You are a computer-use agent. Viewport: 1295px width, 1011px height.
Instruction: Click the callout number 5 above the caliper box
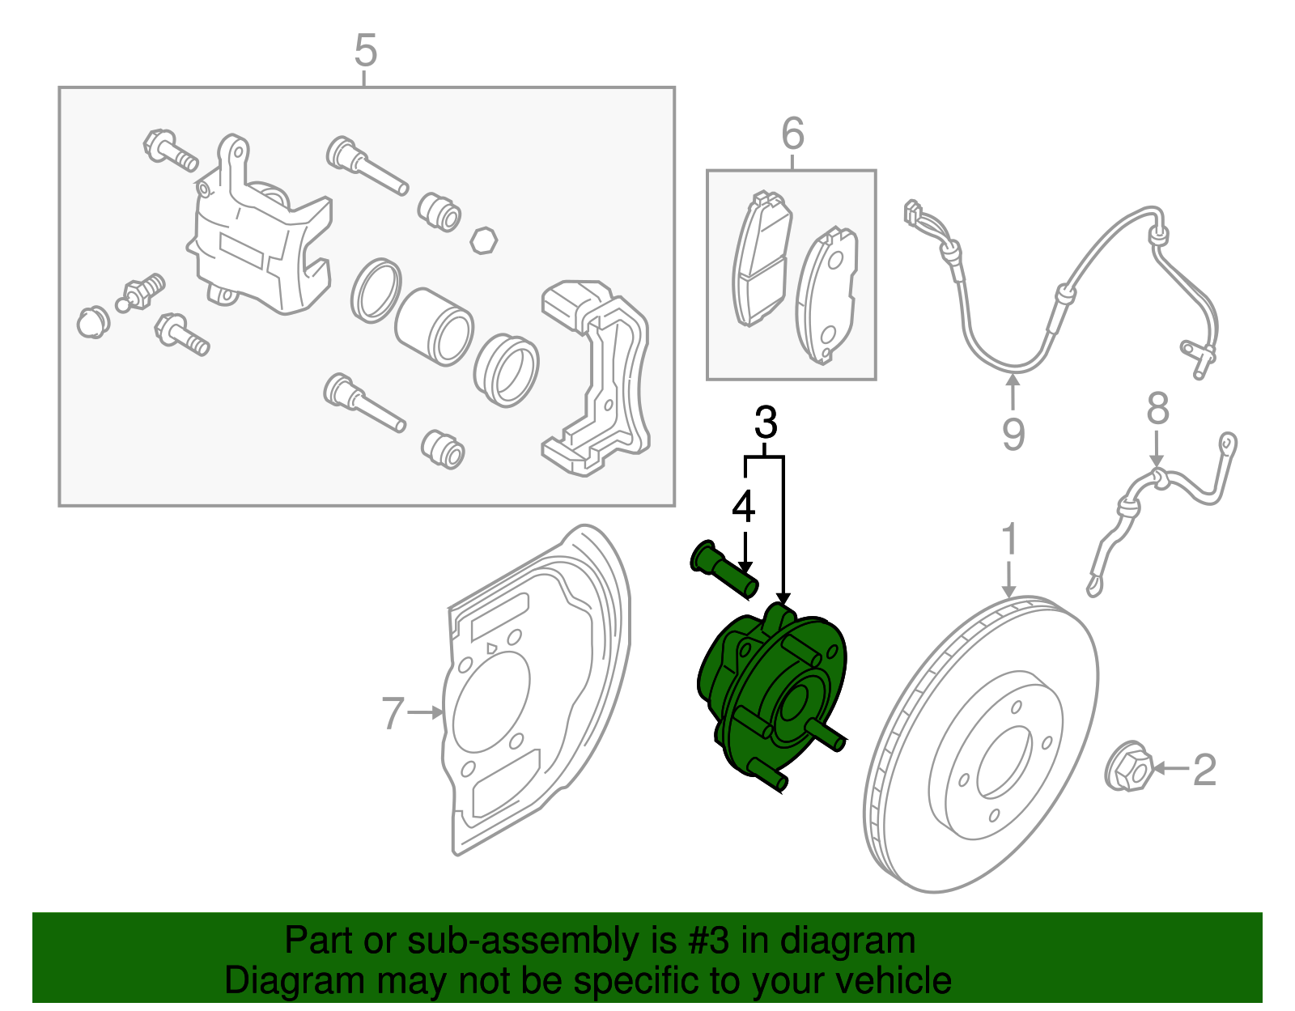point(366,51)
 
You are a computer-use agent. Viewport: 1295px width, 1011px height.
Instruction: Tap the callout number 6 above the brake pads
point(792,134)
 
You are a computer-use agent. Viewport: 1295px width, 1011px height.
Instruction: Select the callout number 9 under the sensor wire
point(1013,434)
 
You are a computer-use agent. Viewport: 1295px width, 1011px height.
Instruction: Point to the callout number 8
point(1157,409)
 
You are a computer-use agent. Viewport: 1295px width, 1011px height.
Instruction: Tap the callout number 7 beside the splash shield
point(393,713)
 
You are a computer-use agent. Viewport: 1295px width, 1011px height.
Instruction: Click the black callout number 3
point(765,423)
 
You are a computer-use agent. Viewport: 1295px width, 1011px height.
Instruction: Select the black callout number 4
point(743,508)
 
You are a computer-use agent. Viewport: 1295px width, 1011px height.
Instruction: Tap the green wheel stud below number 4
point(724,570)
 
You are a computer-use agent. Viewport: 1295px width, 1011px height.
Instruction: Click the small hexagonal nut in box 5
point(483,240)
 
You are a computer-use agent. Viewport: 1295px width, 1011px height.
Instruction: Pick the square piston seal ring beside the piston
point(376,290)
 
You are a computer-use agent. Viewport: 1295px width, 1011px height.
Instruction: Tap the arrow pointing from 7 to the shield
point(427,712)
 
